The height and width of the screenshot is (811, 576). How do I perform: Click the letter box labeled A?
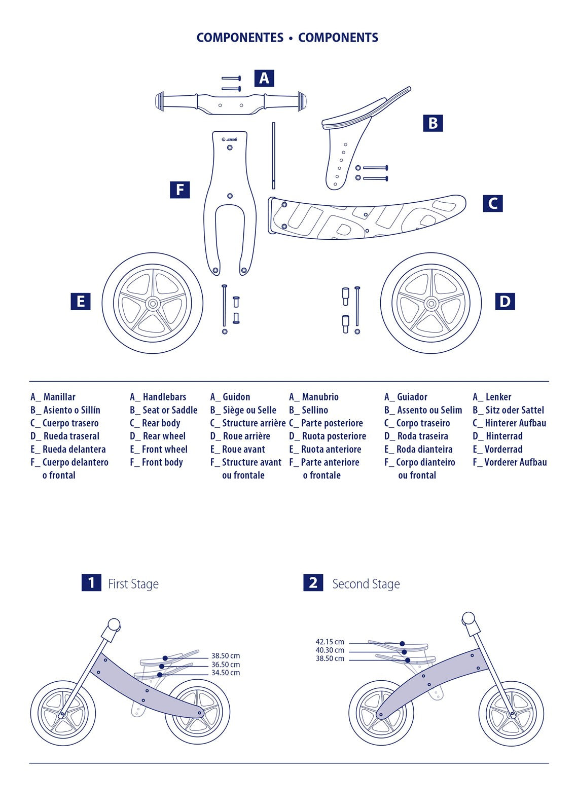point(264,78)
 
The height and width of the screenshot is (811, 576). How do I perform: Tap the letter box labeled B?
point(433,123)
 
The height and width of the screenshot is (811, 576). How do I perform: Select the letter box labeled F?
point(179,190)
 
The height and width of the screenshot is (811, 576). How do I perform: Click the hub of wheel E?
point(153,304)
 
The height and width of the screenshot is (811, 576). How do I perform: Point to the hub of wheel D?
point(431,304)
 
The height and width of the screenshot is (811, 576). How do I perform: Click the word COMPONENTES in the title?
point(240,38)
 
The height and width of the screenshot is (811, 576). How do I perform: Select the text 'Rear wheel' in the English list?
point(164,436)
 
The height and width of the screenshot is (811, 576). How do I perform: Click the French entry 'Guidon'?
point(236,397)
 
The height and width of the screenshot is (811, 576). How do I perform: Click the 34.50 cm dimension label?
point(226,673)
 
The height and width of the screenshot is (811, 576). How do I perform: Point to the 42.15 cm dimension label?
point(330,642)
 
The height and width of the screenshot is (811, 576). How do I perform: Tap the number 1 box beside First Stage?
point(91,582)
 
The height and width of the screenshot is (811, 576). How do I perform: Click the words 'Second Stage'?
point(366,584)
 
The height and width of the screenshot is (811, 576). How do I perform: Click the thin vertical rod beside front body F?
point(273,155)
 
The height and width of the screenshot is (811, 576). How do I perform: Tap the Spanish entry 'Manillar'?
point(59,397)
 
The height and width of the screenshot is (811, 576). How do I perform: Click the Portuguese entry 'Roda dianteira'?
point(424,449)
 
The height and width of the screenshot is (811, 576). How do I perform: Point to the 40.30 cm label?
point(330,650)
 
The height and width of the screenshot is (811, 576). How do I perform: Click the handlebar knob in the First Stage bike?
point(114,624)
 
